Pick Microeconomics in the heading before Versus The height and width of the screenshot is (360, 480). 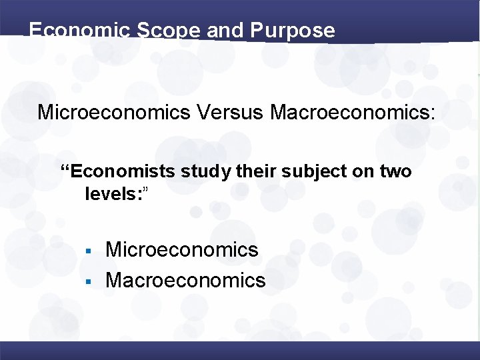[x=114, y=112]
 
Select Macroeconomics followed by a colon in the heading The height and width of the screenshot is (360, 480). [x=352, y=112]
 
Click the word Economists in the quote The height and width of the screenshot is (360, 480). [x=123, y=172]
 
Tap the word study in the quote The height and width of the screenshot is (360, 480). [x=207, y=173]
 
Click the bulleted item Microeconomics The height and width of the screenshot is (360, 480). [x=182, y=250]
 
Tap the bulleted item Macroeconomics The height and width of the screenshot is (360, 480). [x=185, y=281]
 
